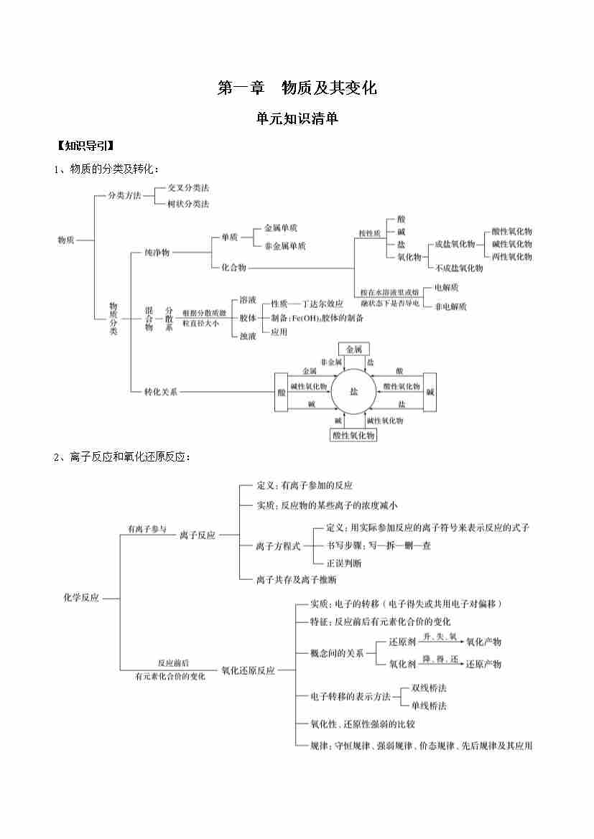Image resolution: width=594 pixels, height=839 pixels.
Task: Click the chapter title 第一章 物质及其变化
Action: [297, 88]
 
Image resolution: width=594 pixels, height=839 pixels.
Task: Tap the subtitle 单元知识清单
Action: [297, 119]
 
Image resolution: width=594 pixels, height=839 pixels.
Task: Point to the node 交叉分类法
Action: [188, 187]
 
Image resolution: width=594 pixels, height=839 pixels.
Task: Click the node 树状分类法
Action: [188, 204]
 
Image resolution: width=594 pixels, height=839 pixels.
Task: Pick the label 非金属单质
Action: [285, 245]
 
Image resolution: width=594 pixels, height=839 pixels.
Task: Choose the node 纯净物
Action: [157, 253]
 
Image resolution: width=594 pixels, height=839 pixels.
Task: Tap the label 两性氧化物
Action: [512, 256]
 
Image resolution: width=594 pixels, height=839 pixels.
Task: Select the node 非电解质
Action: [451, 306]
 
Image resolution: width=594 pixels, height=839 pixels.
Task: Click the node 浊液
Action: [248, 335]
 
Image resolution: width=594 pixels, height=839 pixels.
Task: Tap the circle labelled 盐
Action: [353, 392]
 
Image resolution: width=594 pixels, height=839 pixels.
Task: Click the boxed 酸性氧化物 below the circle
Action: [353, 436]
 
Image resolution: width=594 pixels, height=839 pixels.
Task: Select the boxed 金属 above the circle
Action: [354, 349]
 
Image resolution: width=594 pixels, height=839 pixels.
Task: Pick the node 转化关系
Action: [160, 392]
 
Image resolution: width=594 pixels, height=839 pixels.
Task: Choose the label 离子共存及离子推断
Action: [296, 578]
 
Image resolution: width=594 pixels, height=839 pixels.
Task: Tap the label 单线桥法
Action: [429, 706]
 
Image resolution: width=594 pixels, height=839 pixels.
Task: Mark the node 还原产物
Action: [483, 664]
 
